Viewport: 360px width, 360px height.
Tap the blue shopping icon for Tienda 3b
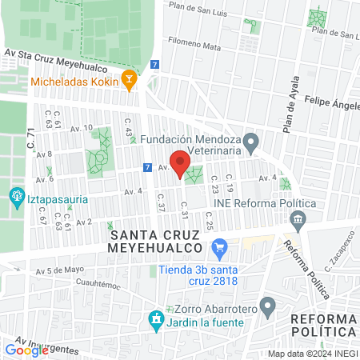[220, 247]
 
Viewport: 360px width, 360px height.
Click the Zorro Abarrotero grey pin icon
[269, 305]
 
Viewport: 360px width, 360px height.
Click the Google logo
[26, 350]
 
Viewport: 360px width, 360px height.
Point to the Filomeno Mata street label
[194, 47]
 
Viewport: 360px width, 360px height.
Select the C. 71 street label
[32, 143]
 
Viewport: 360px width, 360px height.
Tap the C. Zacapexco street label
[339, 249]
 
